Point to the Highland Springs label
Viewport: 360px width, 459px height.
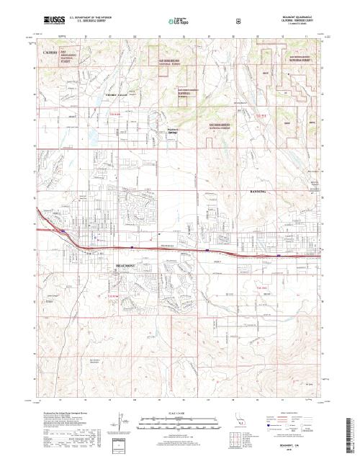[x=172, y=131]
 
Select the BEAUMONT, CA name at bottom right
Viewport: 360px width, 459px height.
[x=296, y=445]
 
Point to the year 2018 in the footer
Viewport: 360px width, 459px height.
[x=296, y=450]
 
